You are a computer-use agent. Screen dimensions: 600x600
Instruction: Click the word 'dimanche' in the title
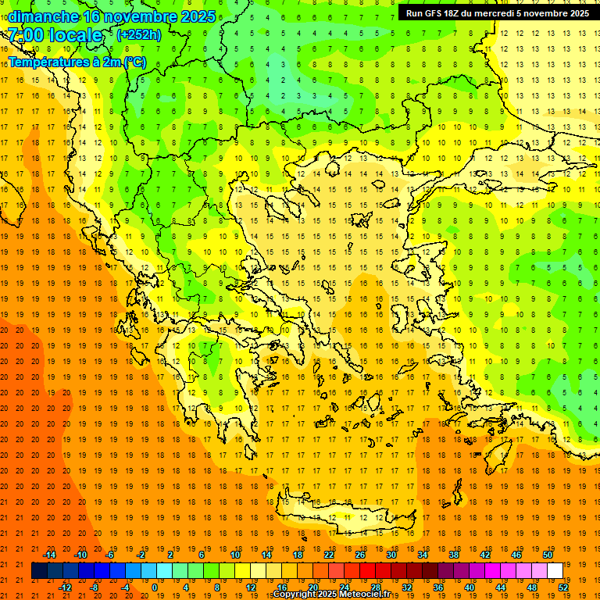(43, 16)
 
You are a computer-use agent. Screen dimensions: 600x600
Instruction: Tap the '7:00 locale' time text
(55, 35)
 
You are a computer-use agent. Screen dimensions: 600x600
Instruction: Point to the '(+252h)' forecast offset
(138, 34)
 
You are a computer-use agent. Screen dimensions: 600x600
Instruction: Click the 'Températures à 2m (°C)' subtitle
(77, 62)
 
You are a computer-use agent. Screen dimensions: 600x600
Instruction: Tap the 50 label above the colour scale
(547, 555)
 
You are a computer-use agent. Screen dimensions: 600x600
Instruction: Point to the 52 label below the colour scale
(563, 587)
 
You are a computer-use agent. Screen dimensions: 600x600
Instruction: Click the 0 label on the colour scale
(154, 587)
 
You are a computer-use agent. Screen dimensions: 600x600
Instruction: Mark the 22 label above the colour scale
(329, 555)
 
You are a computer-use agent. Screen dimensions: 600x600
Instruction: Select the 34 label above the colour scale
(423, 555)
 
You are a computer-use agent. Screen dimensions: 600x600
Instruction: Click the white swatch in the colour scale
(555, 571)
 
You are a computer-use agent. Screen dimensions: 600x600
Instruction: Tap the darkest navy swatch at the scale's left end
(40, 571)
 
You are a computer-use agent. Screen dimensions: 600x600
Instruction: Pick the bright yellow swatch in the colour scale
(243, 571)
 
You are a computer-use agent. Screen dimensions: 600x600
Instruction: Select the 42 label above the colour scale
(484, 555)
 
